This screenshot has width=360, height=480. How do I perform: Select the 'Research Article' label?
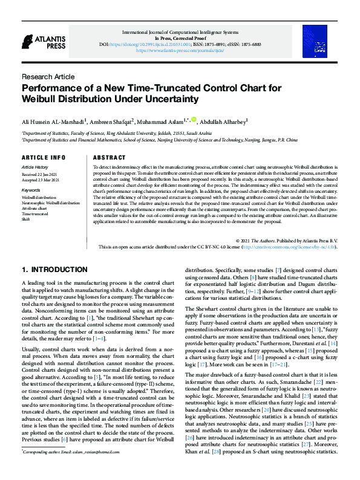click(x=48, y=77)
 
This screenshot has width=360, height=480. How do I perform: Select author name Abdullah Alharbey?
click(x=224, y=121)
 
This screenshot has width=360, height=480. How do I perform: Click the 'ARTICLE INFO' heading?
click(x=44, y=157)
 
